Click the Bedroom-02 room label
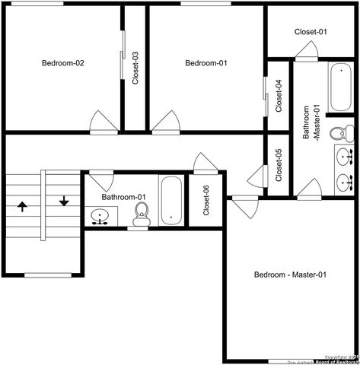(62, 63)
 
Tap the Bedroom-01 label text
(206, 63)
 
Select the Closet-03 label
(135, 67)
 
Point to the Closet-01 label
(311, 32)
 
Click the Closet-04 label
(279, 96)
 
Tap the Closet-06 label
(206, 199)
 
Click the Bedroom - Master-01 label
(290, 275)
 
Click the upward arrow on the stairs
(22, 205)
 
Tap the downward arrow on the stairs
(64, 201)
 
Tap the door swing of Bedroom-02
(102, 121)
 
